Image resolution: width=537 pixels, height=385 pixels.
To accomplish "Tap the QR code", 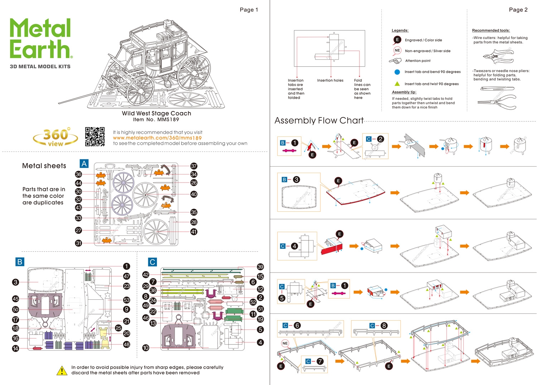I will pyautogui.click(x=95, y=136).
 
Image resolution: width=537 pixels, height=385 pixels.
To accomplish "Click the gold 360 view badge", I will pyautogui.click(x=55, y=137).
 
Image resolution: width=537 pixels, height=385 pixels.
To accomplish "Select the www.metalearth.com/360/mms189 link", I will pyautogui.click(x=157, y=138).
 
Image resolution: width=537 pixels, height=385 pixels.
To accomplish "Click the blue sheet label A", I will pyautogui.click(x=84, y=164).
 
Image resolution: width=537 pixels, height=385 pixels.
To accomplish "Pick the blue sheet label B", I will pyautogui.click(x=20, y=262).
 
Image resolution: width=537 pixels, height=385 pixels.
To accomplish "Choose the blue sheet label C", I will pyautogui.click(x=153, y=262).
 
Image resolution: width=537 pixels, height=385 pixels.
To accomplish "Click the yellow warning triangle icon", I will pyautogui.click(x=62, y=371).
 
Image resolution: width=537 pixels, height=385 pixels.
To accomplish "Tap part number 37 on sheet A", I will pyautogui.click(x=194, y=166).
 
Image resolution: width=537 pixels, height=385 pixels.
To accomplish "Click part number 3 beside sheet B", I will pyautogui.click(x=15, y=282).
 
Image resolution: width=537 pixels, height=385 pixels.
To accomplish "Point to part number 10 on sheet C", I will pyautogui.click(x=146, y=348).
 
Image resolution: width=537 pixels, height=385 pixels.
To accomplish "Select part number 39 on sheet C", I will pyautogui.click(x=260, y=267).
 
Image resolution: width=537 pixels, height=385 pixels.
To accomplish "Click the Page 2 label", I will pyautogui.click(x=518, y=10).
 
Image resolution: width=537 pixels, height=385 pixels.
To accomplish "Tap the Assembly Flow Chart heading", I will pyautogui.click(x=319, y=121).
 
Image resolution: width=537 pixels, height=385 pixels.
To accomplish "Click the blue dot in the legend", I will pyautogui.click(x=397, y=72).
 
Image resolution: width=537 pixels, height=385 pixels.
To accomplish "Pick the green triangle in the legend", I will pyautogui.click(x=397, y=84).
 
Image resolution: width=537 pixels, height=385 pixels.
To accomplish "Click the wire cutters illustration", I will pyautogui.click(x=498, y=57).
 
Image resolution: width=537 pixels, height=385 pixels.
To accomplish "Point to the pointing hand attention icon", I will pyautogui.click(x=395, y=61).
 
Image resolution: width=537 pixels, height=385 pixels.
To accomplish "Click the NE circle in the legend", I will pyautogui.click(x=397, y=50).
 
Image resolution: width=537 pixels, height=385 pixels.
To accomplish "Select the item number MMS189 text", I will pyautogui.click(x=156, y=120).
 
